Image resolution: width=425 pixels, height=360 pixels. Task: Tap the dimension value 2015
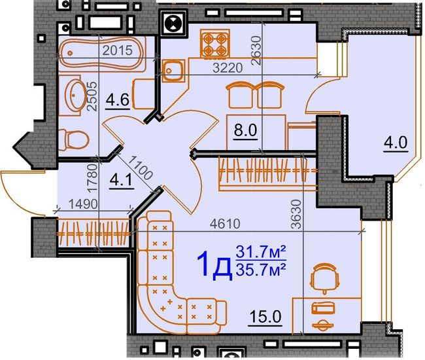point(117,50)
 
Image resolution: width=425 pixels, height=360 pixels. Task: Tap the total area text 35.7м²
point(262,268)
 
